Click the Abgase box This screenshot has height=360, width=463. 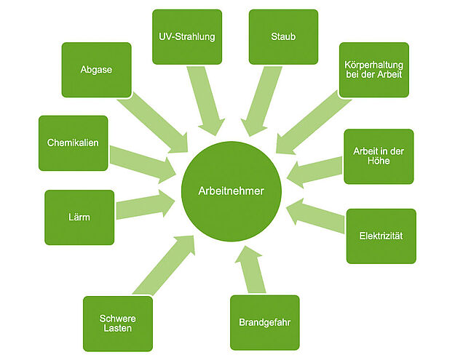coord(96,70)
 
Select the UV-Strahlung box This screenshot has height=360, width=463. coord(187,37)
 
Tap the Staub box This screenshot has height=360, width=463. coord(283,37)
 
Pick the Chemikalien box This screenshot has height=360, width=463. coord(74,143)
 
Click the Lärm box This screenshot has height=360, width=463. coord(79,217)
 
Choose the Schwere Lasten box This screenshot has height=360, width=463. coord(118,324)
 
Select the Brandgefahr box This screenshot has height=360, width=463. coord(265,322)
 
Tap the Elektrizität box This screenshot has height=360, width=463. coord(381,236)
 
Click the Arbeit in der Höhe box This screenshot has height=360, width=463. coord(379,156)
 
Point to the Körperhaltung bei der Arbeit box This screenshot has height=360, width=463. coord(374,70)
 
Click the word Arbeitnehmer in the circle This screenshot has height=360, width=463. coord(231,191)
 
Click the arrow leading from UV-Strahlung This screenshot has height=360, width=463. coord(206,101)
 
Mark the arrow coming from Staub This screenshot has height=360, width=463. coord(261,101)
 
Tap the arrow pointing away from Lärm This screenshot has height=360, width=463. coord(146,204)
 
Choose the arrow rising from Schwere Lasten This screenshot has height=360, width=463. coord(164,265)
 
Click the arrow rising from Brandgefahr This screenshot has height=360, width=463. coord(250,269)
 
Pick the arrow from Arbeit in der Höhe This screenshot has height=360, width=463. coord(314,172)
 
